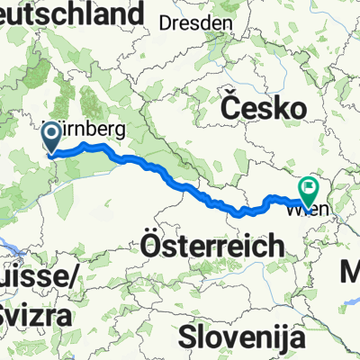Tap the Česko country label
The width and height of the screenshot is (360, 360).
(x=261, y=109)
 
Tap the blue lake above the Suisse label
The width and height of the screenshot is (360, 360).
(x=11, y=240)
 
